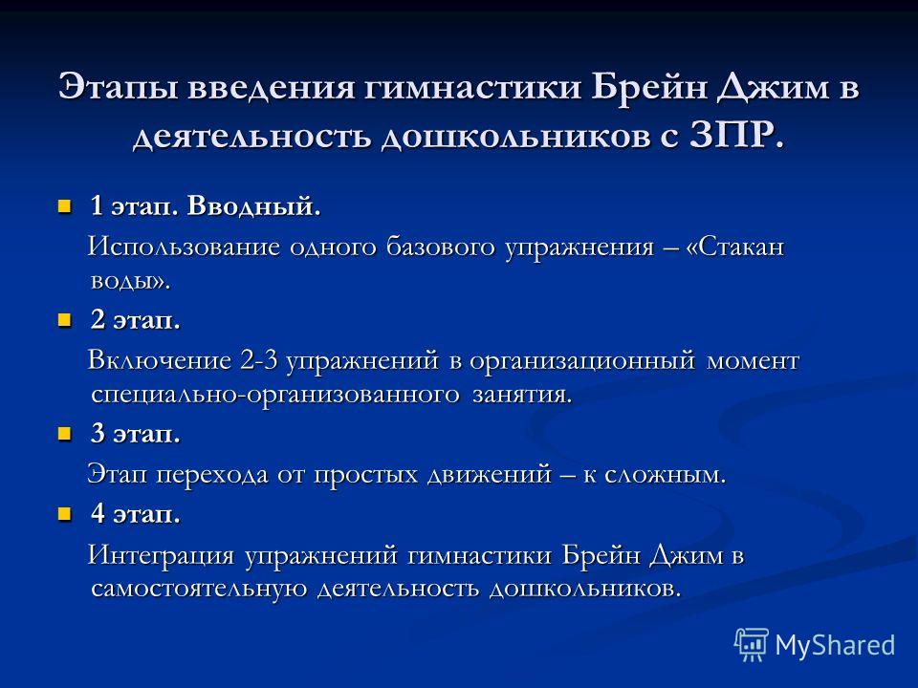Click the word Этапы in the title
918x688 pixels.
(119, 87)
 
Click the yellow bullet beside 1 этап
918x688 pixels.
(64, 206)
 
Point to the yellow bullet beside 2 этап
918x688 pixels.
(64, 320)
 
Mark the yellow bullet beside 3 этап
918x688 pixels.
(64, 434)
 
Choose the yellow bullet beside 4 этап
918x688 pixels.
(64, 514)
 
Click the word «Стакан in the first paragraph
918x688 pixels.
(734, 247)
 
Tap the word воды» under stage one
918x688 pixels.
(129, 281)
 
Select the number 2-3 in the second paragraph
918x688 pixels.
(258, 360)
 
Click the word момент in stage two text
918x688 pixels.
(753, 360)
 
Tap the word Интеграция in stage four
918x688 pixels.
(161, 554)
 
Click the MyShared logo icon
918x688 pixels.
(752, 645)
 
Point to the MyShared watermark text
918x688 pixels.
(836, 645)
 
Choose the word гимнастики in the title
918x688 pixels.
(473, 87)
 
